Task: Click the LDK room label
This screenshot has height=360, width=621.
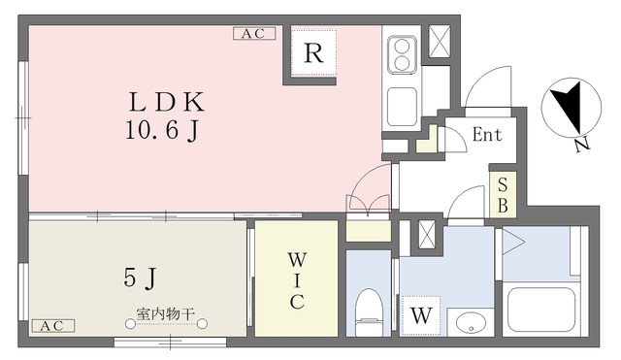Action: click(167, 102)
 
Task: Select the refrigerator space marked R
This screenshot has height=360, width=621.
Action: click(313, 52)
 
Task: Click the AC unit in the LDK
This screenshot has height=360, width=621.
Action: click(254, 34)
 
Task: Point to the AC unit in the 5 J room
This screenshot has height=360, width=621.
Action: click(53, 326)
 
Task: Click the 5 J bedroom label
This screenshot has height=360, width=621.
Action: click(140, 278)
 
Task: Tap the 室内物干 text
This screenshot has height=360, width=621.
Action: click(166, 314)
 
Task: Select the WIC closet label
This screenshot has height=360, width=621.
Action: click(297, 281)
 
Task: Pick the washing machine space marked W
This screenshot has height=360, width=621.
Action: click(421, 315)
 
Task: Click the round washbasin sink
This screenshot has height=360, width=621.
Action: click(471, 322)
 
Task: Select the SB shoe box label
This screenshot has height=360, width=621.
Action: click(503, 195)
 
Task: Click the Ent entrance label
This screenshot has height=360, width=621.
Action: click(487, 135)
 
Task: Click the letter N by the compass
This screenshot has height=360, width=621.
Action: click(582, 146)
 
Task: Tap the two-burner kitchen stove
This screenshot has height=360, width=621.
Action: click(403, 54)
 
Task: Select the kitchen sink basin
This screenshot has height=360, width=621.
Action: click(402, 106)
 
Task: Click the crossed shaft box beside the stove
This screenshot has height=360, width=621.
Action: click(440, 41)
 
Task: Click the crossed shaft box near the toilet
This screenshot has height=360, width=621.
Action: click(427, 235)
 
